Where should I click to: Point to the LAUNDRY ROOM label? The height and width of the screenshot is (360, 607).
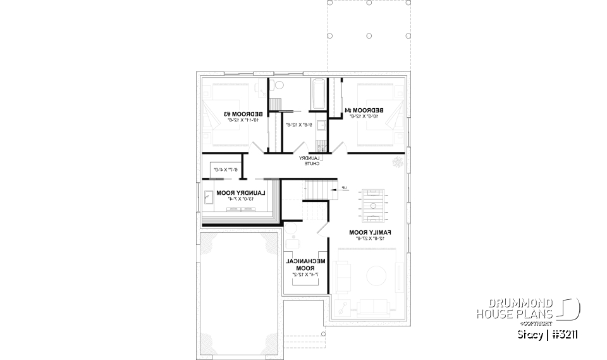[x=241, y=193]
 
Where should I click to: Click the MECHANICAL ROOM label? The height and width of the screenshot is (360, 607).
[x=305, y=264]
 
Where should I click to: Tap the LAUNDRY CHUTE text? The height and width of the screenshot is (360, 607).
[x=311, y=161]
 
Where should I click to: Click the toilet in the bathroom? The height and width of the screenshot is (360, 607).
[x=279, y=85]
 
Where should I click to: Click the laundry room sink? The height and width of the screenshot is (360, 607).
[x=209, y=197]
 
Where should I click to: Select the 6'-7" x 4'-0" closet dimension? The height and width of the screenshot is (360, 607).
[x=224, y=170]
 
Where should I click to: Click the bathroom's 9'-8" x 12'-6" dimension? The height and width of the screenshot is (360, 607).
[x=296, y=125]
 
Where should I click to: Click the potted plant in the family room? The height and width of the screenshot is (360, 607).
[x=397, y=162]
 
